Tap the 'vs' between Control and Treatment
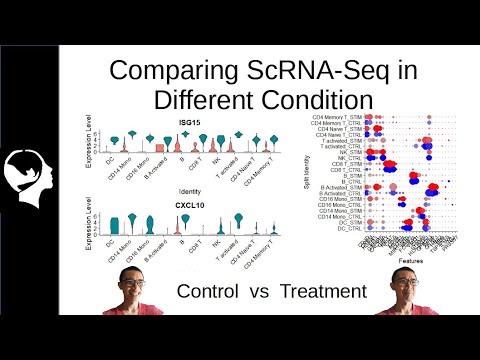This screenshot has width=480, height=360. tap(264, 291)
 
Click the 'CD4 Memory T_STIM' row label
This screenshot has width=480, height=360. tap(337, 118)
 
